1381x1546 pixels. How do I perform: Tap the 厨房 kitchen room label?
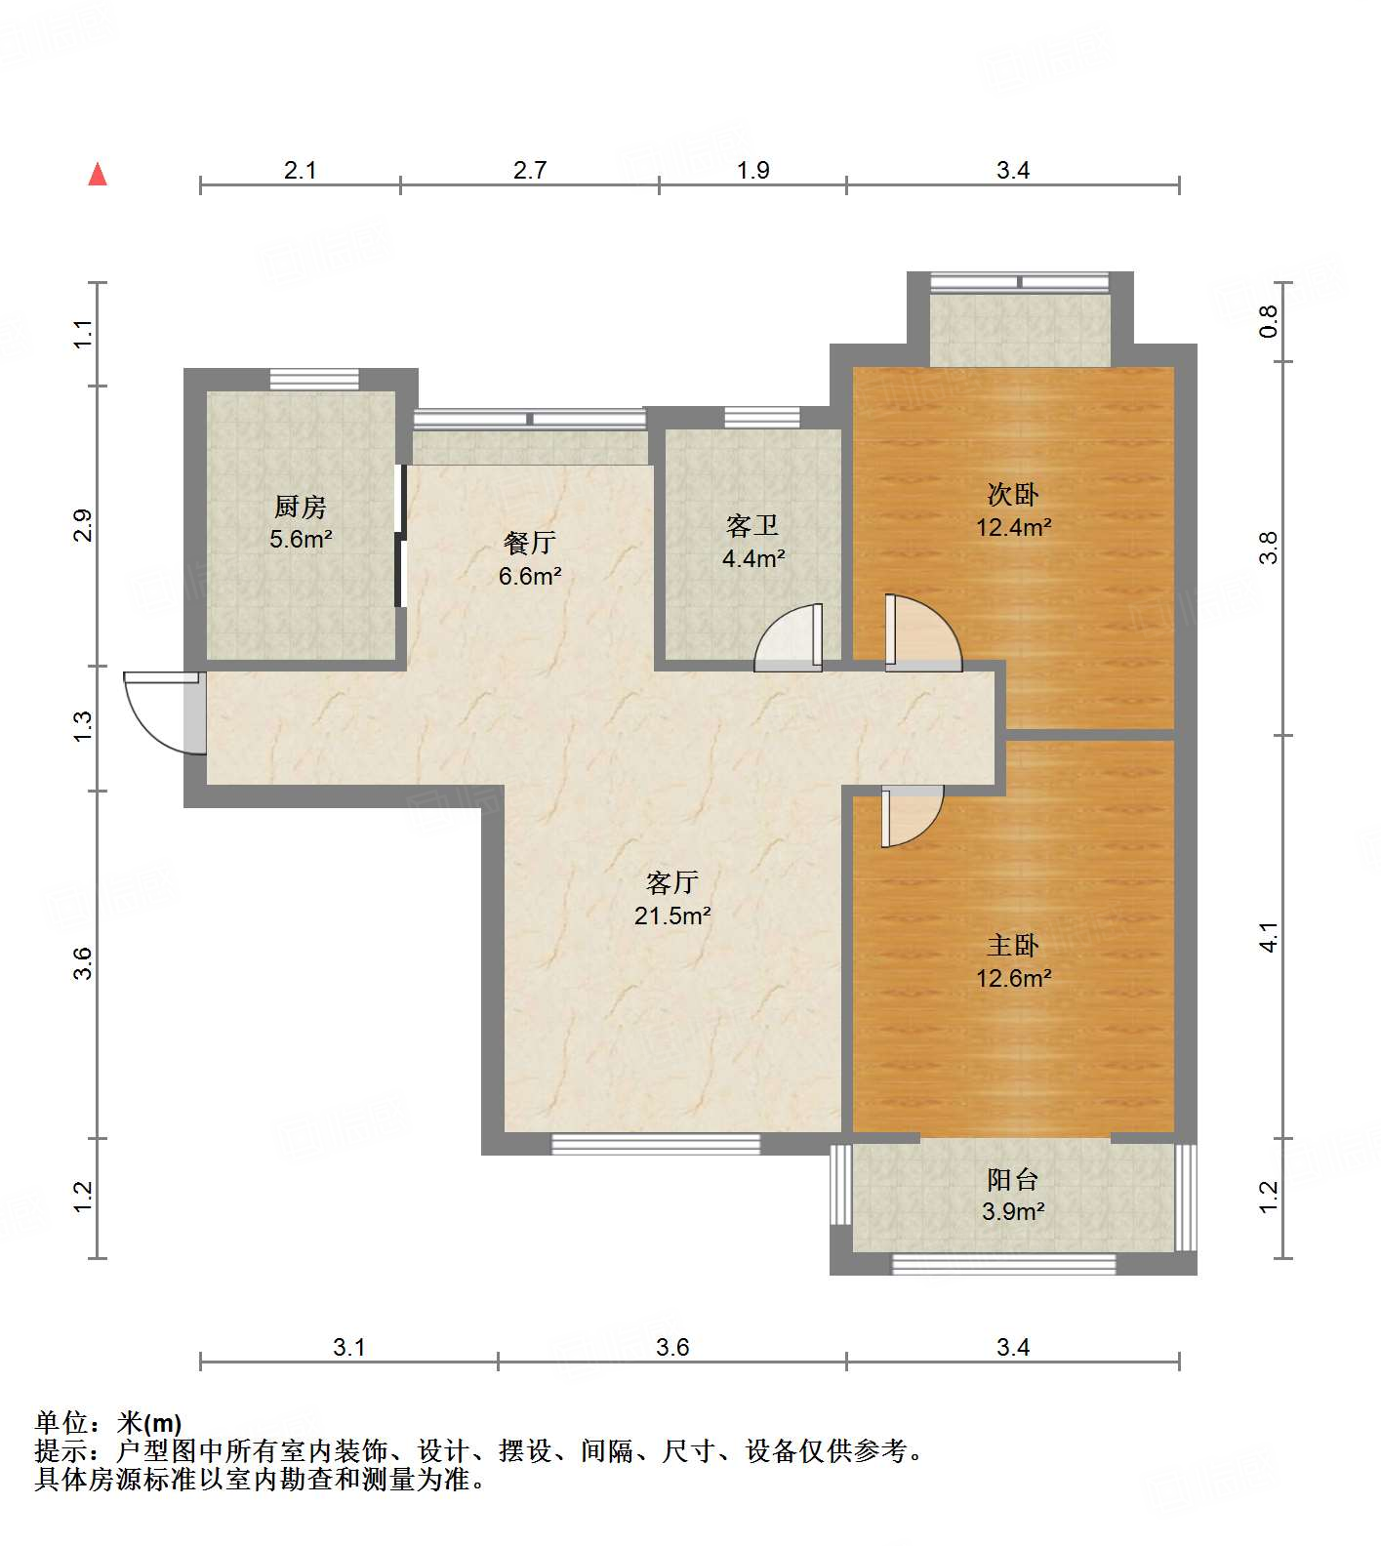point(301,507)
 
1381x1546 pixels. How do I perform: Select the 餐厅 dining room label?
point(530,542)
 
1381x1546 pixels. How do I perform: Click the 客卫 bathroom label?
point(752,525)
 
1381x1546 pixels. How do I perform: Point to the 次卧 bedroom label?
point(1013,494)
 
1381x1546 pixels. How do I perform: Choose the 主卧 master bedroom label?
point(1013,945)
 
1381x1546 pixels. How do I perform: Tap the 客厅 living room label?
point(672,882)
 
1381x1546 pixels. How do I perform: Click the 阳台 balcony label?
point(1013,1179)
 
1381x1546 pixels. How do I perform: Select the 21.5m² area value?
point(672,915)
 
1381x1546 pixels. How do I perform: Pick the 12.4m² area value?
point(1014,528)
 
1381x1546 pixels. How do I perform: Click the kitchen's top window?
point(314,379)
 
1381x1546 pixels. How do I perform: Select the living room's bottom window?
point(656,1144)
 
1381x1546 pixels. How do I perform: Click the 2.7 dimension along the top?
point(530,170)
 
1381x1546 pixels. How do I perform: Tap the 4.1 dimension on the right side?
point(1268,937)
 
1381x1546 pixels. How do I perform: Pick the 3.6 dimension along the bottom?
point(672,1347)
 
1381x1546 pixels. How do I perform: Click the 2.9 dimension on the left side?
point(84,526)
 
